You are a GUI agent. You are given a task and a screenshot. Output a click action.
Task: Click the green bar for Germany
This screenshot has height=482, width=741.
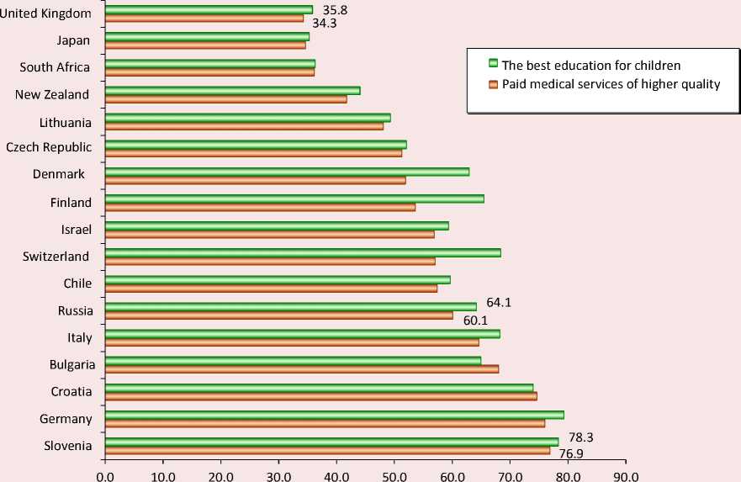[334, 414]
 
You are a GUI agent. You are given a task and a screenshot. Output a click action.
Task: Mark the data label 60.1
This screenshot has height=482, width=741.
[475, 320]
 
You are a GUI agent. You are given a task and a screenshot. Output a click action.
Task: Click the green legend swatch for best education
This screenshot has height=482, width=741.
[494, 64]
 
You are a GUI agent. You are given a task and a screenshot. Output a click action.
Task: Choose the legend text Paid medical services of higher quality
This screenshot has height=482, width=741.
[611, 84]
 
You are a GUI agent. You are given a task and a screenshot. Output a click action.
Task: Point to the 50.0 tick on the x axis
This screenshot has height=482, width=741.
[394, 474]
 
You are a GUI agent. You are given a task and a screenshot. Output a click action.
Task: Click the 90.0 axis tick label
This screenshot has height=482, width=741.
[625, 474]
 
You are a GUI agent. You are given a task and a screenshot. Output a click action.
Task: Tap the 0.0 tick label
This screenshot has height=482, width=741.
[105, 474]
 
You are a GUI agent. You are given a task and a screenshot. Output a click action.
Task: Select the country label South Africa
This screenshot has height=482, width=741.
[55, 67]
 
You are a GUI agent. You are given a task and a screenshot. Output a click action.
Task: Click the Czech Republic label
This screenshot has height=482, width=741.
[49, 147]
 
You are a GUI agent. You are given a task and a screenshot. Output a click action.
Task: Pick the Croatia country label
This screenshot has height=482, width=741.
[71, 391]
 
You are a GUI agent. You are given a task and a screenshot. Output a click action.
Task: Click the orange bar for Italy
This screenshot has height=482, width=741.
[291, 342]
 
